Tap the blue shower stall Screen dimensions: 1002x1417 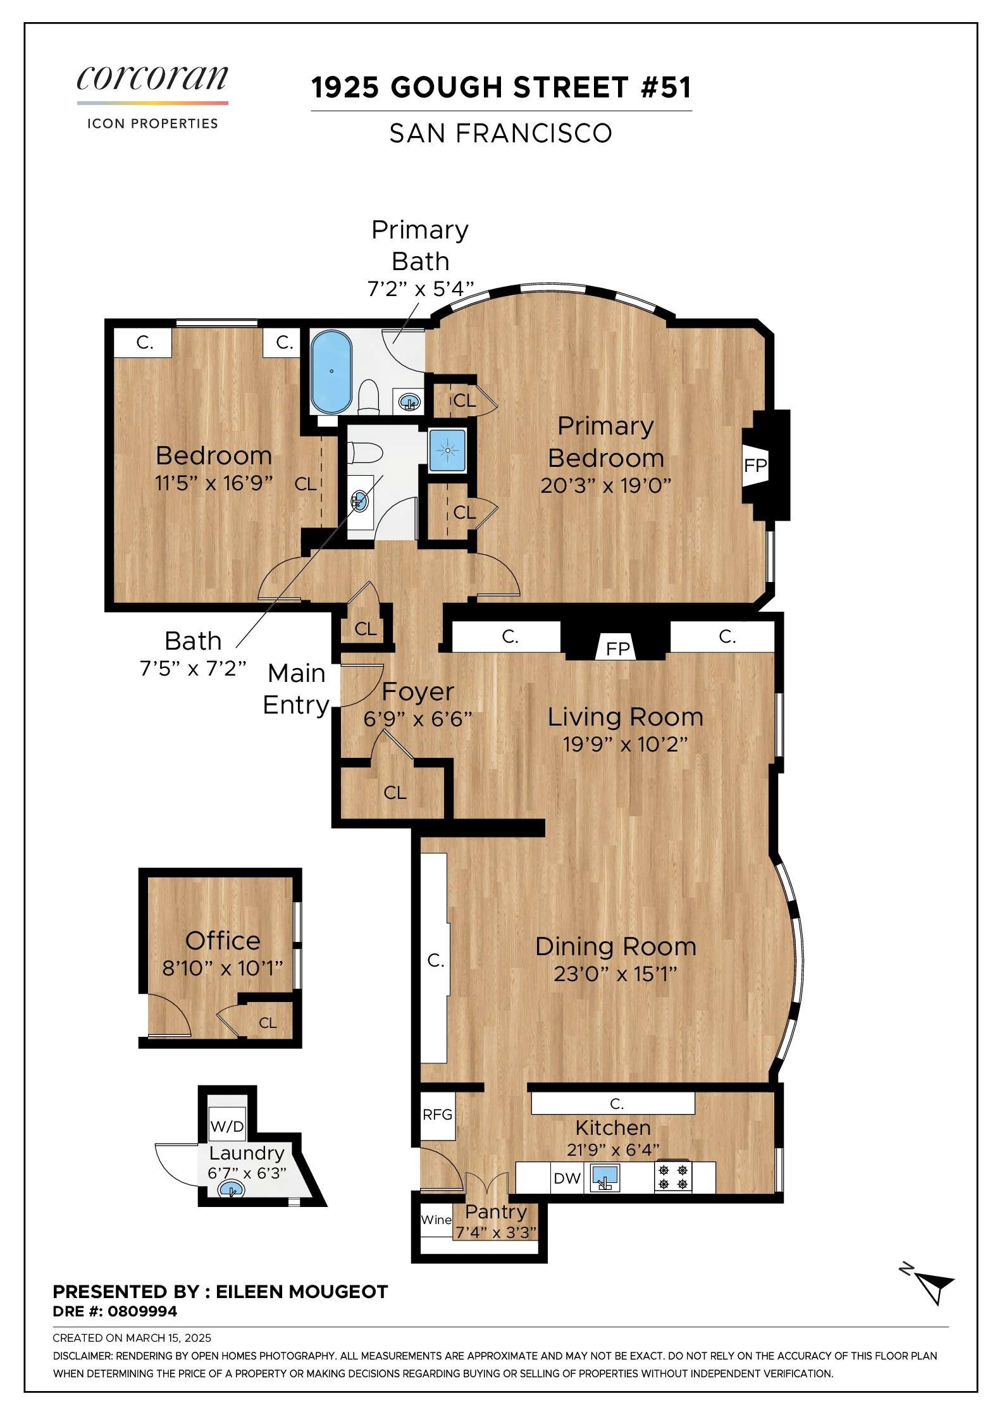(447, 450)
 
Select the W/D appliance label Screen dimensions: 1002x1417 (226, 1126)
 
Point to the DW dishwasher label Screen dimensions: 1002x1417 (567, 1178)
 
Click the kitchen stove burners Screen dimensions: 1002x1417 (673, 1177)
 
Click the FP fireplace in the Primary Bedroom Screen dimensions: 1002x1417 (755, 466)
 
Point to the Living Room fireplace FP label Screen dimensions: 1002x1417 (618, 648)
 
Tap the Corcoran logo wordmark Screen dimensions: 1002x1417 (152, 78)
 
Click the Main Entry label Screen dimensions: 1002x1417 (296, 689)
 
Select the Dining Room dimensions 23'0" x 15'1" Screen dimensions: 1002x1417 (615, 974)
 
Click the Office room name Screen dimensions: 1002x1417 (223, 941)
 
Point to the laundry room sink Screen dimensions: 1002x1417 (232, 1190)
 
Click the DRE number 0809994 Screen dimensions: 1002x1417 (142, 1311)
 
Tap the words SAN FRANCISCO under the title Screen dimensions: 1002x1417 (500, 133)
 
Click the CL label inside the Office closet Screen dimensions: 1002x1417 (268, 1023)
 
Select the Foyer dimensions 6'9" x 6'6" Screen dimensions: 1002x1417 (417, 719)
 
